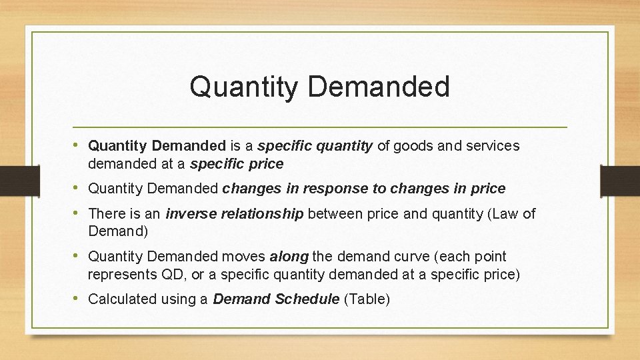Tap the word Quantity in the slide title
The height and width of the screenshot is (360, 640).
pyautogui.click(x=243, y=87)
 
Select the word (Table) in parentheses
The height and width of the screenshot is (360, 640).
pyautogui.click(x=367, y=299)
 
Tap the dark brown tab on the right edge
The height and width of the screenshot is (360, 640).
pyautogui.click(x=619, y=181)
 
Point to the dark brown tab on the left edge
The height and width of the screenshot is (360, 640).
pyautogui.click(x=12, y=181)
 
